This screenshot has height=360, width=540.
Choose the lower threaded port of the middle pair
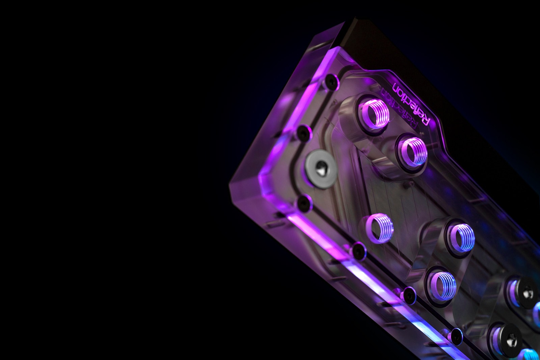[x=442, y=285]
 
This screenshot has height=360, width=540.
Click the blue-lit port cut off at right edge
[x=537, y=312]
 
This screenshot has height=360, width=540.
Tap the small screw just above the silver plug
[x=304, y=133]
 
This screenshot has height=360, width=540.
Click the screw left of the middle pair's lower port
[x=410, y=295]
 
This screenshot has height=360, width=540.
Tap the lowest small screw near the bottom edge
[x=456, y=334]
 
